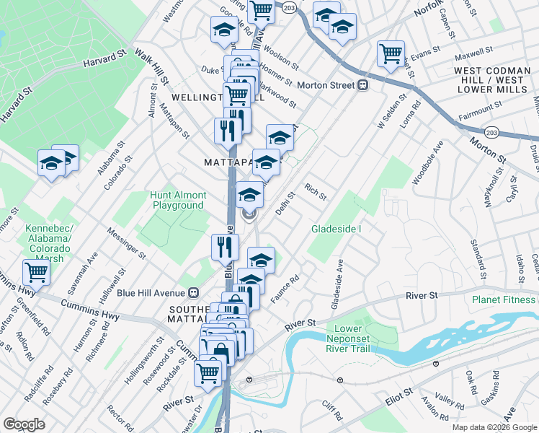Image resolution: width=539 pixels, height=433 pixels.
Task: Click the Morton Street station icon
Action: pyautogui.click(x=364, y=85)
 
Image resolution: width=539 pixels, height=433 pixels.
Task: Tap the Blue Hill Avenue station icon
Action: pyautogui.click(x=193, y=293)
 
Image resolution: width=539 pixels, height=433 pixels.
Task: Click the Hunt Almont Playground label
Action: pyautogui.click(x=178, y=200)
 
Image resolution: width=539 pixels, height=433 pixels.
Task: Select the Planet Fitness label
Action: pyautogui.click(x=504, y=299)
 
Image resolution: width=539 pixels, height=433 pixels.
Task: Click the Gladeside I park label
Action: pyautogui.click(x=337, y=229)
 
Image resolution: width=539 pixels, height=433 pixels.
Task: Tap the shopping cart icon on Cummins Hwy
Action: pyautogui.click(x=35, y=273)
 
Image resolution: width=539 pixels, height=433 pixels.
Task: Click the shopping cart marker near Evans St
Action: pyautogui.click(x=391, y=53)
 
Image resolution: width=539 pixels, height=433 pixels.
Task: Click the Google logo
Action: pyautogui.click(x=24, y=424)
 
